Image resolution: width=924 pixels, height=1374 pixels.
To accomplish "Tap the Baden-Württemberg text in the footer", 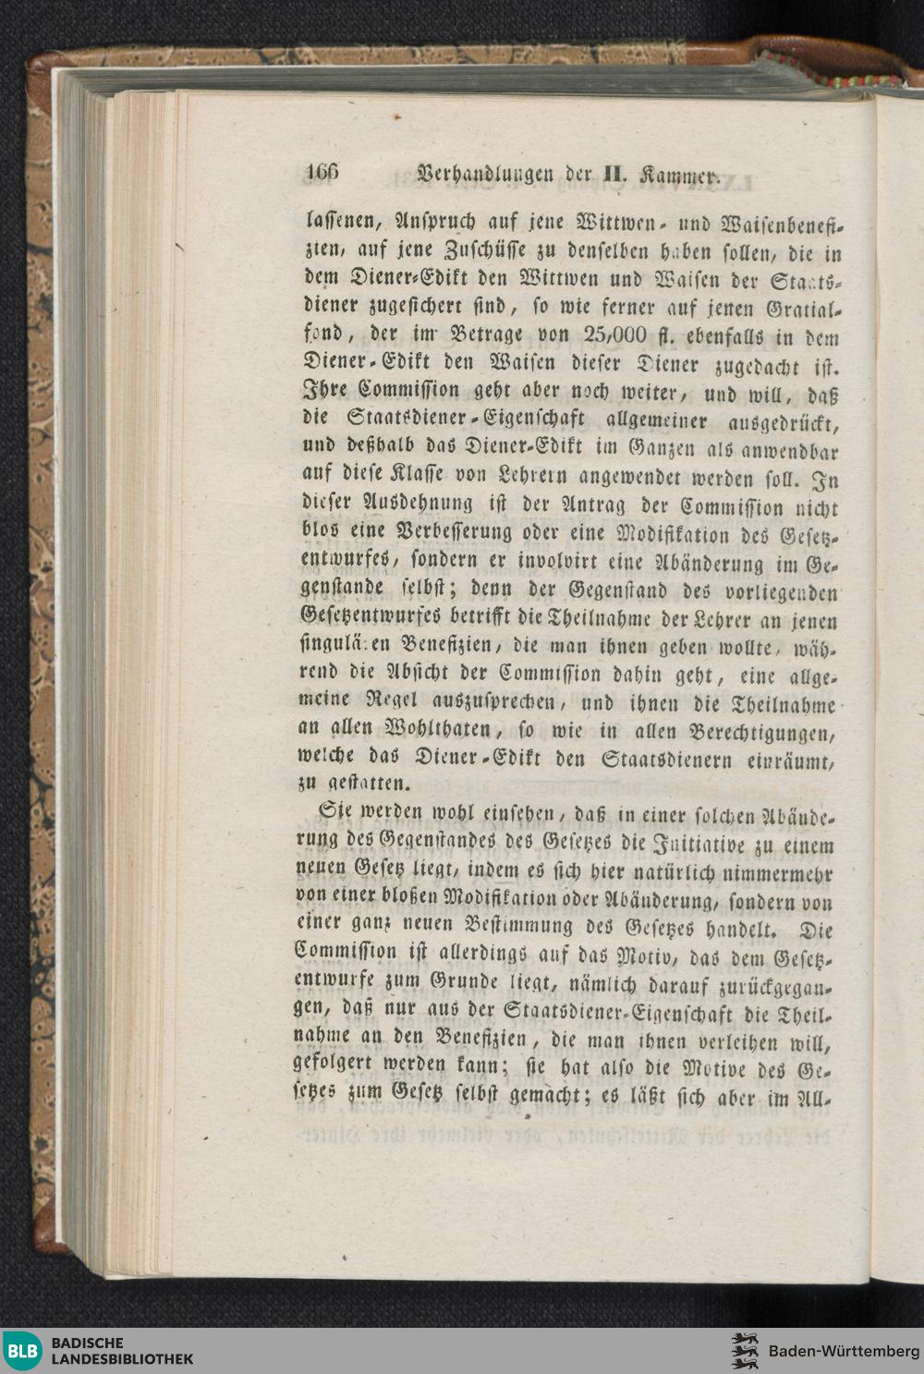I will click(x=843, y=1352).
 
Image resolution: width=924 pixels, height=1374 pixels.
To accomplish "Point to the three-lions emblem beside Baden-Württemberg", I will click(x=745, y=1351).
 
